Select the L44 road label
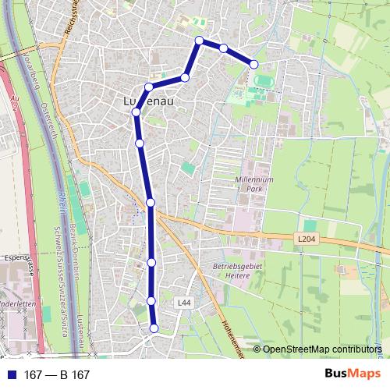point(183,302)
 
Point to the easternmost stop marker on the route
point(253,64)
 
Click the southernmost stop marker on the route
point(154,328)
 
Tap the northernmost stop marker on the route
point(199,41)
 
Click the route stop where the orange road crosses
point(151,203)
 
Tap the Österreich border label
point(48,117)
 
